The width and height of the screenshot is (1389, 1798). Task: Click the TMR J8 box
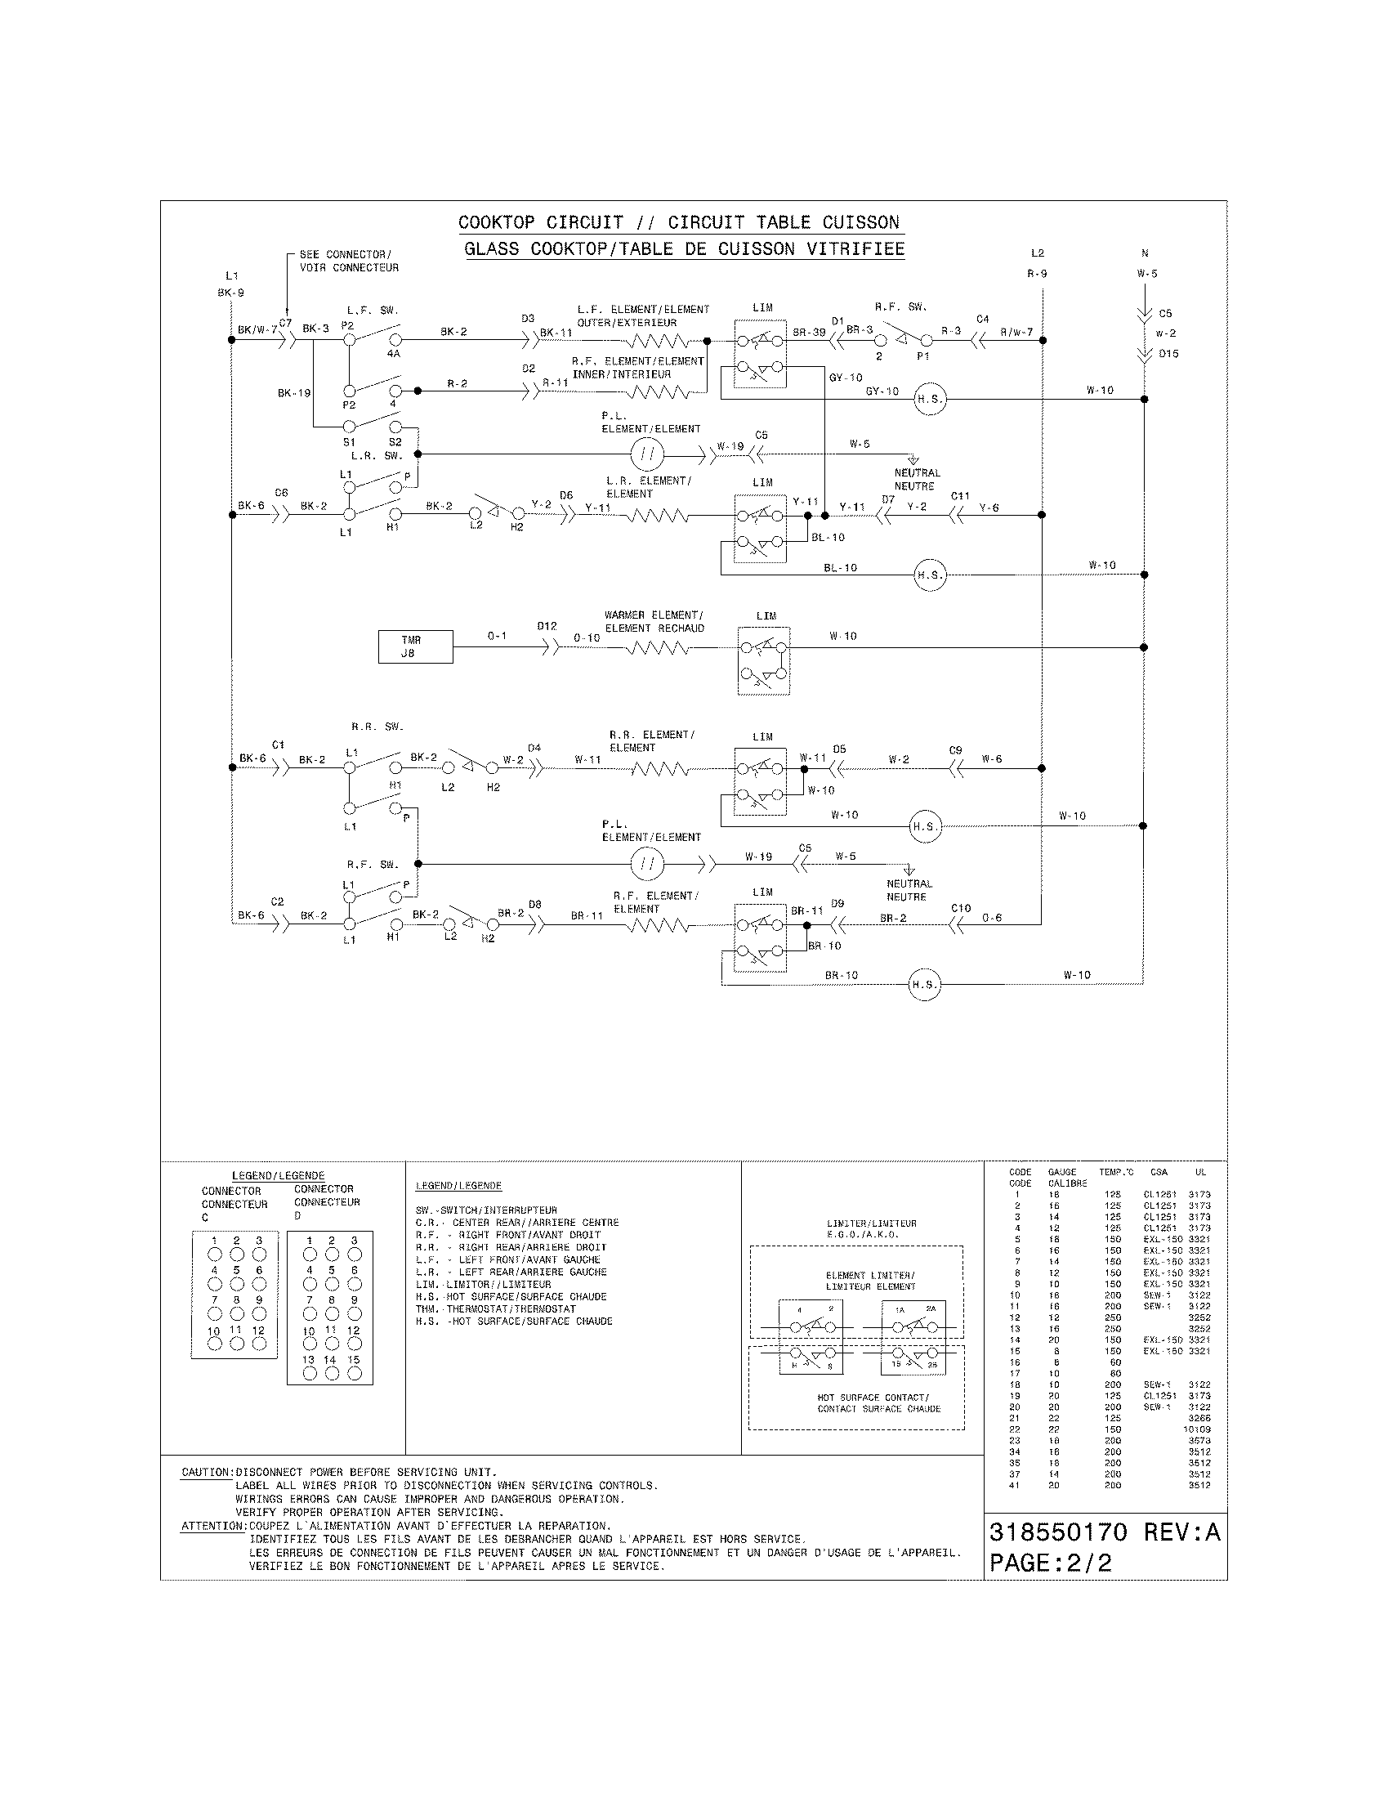tap(415, 646)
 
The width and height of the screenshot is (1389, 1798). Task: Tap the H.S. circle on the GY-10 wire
tap(930, 400)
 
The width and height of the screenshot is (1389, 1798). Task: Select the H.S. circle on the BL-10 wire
tap(930, 575)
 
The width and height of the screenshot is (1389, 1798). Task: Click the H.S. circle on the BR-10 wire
tap(923, 985)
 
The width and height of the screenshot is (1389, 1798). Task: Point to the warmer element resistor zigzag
tap(658, 648)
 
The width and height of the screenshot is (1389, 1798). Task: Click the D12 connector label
tap(547, 626)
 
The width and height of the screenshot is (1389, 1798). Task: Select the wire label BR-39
tap(809, 332)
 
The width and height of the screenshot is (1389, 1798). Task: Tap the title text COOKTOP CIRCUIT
tap(541, 222)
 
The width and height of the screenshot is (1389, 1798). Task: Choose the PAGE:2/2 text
tap(1050, 1563)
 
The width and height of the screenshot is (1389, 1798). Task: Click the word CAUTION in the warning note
tap(207, 1472)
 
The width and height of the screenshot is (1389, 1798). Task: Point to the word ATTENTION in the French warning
tap(213, 1526)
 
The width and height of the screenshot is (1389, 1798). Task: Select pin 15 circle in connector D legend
tap(354, 1373)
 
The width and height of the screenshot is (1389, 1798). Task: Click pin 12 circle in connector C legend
tap(259, 1344)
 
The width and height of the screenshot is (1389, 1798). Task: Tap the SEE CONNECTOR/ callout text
tap(346, 254)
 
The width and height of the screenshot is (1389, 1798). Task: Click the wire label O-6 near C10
tap(992, 918)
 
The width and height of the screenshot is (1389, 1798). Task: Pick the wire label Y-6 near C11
tap(989, 508)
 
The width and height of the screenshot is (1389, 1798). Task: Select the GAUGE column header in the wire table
tap(1062, 1172)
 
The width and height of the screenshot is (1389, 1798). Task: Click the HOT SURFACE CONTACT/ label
tap(873, 1397)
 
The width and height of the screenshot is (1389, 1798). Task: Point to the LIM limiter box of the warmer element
tap(764, 661)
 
